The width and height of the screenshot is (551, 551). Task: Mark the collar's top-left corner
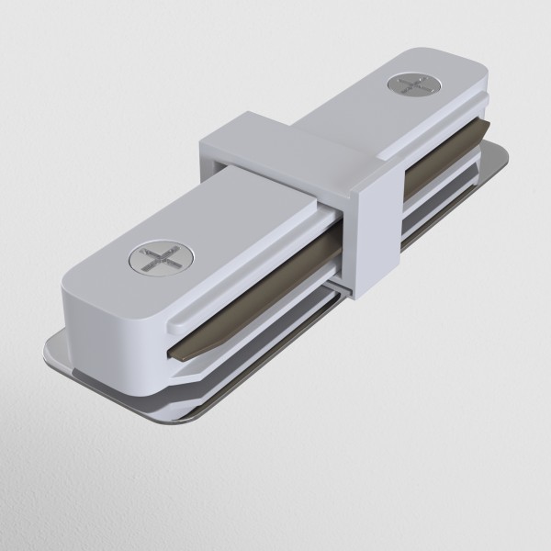tap(200, 138)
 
